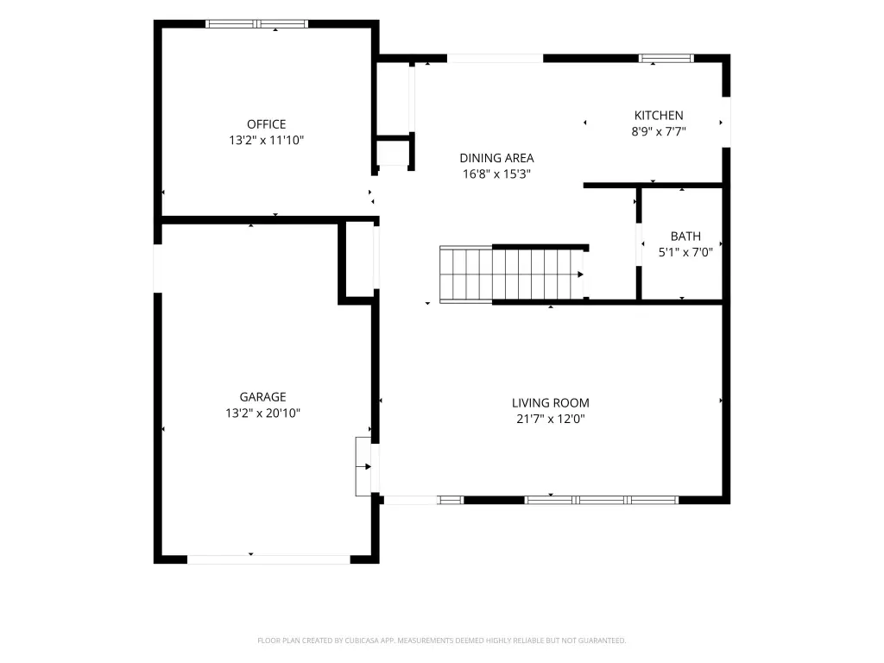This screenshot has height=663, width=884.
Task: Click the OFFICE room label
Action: (x=266, y=124)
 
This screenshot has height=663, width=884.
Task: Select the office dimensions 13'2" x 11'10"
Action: (x=266, y=140)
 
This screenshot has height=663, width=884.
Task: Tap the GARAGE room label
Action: (x=262, y=397)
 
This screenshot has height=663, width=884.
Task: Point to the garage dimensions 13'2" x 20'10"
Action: (x=262, y=414)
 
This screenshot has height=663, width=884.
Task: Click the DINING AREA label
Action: (x=496, y=158)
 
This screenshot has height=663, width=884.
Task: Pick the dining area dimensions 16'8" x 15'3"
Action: (x=496, y=174)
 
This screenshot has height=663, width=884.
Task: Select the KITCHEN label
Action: (x=659, y=116)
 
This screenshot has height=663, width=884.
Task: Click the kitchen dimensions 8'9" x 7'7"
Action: (x=659, y=131)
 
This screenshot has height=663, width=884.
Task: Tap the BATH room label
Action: (x=685, y=237)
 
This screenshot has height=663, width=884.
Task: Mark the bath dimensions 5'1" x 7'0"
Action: (x=685, y=252)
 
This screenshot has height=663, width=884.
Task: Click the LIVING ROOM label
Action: (x=550, y=403)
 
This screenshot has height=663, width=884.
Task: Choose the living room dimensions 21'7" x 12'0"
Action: (x=550, y=419)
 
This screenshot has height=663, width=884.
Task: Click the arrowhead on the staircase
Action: (x=580, y=275)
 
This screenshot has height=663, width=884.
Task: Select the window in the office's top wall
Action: (x=256, y=23)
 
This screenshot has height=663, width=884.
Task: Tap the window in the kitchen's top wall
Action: (x=666, y=58)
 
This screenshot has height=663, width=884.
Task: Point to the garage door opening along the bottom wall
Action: (x=268, y=559)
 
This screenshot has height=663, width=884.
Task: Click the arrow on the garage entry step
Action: (x=364, y=466)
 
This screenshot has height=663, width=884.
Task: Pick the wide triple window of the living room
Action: (x=601, y=500)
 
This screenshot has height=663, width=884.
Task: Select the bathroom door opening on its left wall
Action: (x=639, y=244)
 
